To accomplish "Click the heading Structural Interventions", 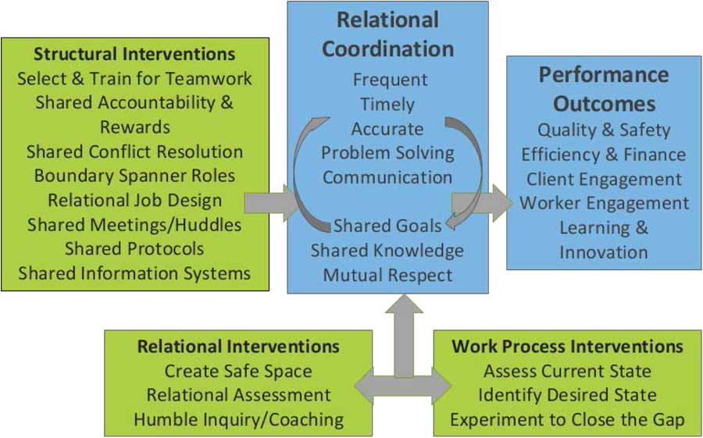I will [x=134, y=55].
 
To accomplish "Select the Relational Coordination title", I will [x=388, y=34].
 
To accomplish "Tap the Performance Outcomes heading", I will [x=603, y=89].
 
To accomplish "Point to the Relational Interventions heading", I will [x=238, y=346].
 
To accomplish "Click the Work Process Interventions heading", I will [x=567, y=346].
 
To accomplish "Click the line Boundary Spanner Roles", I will [x=134, y=176].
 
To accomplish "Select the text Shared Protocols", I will [x=134, y=248].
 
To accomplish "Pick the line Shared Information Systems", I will [x=134, y=273].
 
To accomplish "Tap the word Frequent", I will [x=390, y=79].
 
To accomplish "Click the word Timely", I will [x=387, y=104].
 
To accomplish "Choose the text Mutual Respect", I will [x=387, y=275].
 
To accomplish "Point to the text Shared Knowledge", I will [x=387, y=251].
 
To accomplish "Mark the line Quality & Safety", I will [x=604, y=130].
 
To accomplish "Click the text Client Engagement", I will [x=604, y=179].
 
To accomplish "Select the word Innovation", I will [x=604, y=252].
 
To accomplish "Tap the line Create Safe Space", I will [x=238, y=371].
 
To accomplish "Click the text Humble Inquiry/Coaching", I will [x=238, y=419].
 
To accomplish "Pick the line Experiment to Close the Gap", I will [x=567, y=419].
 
